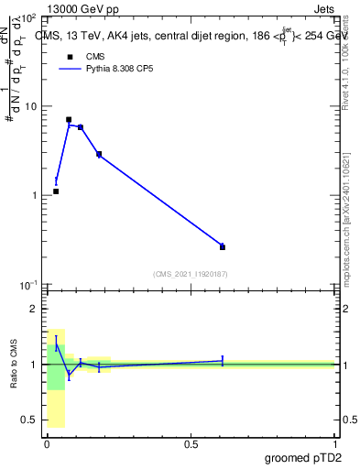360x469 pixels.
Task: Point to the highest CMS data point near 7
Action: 69,120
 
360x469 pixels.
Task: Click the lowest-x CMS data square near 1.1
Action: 56,191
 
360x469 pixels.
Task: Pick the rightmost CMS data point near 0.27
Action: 223,246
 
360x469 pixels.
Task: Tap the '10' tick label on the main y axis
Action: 28,107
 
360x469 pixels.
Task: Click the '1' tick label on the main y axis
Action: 33,196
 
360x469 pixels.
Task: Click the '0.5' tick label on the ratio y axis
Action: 27,420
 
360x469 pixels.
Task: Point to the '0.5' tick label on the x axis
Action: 191,444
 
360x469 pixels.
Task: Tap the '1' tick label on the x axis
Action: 334,444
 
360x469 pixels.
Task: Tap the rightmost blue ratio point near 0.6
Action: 223,360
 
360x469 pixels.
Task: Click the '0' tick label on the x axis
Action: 47,444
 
